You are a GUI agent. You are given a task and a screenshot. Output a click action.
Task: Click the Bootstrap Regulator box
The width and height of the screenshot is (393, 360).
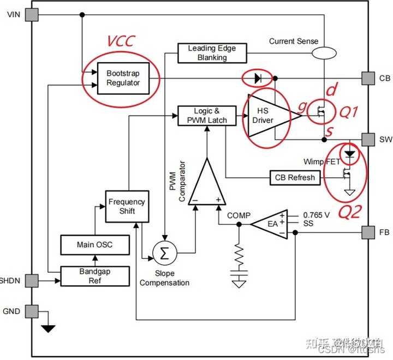[123, 78]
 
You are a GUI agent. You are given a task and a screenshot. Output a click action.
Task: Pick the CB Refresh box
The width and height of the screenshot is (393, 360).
[294, 177]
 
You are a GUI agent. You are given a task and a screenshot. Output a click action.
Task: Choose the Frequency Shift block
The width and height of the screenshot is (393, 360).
[127, 206]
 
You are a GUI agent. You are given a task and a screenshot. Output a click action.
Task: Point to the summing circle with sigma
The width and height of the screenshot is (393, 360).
[162, 253]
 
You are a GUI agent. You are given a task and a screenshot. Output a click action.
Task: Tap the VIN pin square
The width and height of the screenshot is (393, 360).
[33, 15]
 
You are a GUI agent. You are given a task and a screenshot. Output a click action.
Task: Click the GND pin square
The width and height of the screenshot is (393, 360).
[33, 311]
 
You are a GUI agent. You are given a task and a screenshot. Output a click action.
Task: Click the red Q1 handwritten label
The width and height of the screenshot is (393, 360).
[349, 112]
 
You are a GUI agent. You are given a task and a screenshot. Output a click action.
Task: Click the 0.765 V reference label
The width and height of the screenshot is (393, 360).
[316, 214]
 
